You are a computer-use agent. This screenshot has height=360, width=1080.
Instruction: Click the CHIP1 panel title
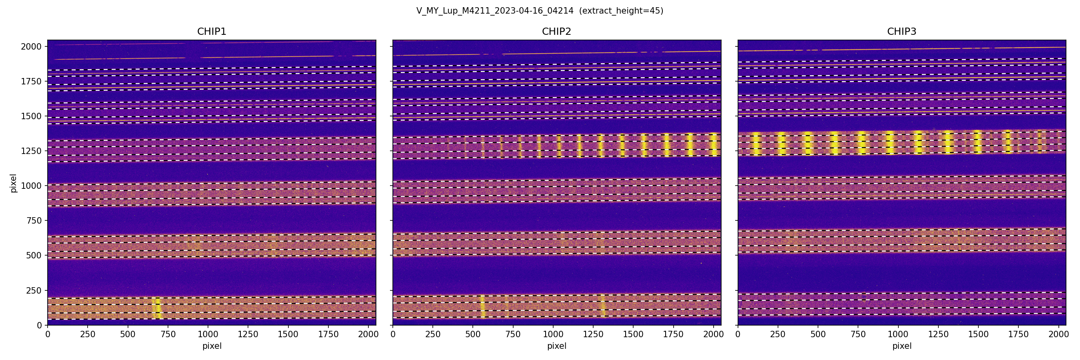[x=212, y=32]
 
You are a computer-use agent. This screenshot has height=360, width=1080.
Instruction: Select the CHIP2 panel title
[x=556, y=32]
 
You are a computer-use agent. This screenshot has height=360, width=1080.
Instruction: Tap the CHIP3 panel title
[x=901, y=32]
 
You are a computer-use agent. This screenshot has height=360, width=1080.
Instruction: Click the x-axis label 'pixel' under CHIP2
[x=556, y=346]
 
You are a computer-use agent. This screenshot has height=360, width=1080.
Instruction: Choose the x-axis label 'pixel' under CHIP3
[x=901, y=346]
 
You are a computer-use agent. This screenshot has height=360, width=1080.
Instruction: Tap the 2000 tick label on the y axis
[x=32, y=46]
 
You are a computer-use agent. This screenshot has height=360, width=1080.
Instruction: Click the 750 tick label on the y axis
[x=34, y=220]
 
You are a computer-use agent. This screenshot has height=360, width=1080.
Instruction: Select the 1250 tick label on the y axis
[x=32, y=151]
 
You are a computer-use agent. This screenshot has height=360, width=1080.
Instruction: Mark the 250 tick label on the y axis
[x=34, y=290]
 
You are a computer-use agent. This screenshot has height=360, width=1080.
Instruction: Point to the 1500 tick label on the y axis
[x=32, y=116]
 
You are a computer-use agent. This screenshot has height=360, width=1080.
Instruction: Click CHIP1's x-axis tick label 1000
[x=208, y=334]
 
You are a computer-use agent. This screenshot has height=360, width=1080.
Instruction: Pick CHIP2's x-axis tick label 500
[x=473, y=334]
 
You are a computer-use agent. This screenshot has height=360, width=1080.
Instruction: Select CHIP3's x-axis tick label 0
[x=738, y=334]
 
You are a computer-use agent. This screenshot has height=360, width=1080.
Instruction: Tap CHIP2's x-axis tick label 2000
[x=713, y=334]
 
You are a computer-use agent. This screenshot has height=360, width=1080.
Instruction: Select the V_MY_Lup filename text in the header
[x=495, y=11]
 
